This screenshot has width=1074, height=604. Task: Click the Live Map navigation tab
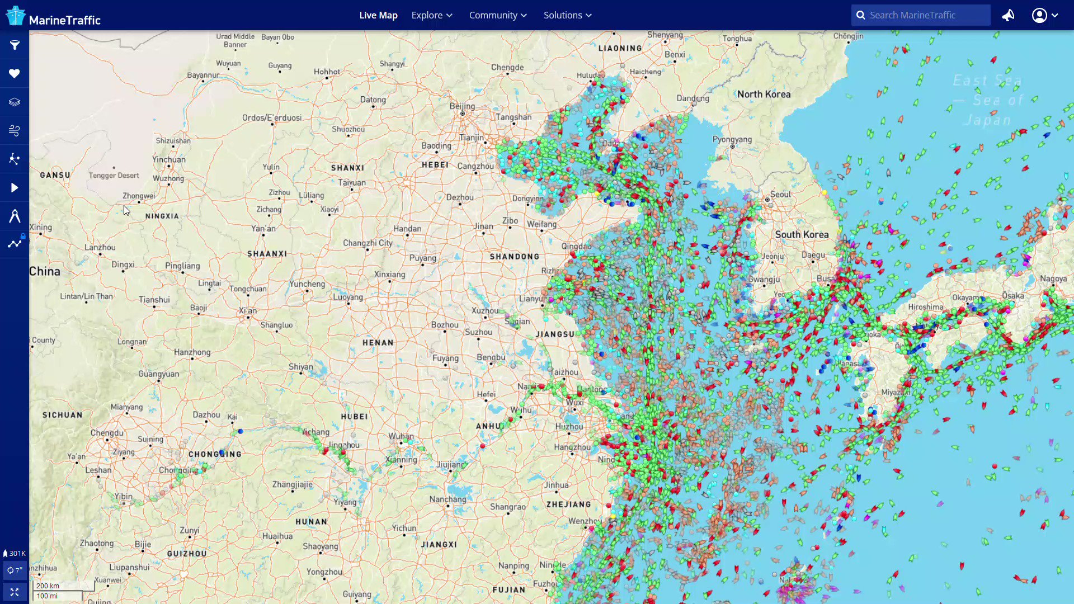(378, 15)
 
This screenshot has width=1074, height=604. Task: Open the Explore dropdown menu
(431, 15)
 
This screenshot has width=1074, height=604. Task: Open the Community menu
(497, 15)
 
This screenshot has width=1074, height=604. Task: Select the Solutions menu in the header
(567, 15)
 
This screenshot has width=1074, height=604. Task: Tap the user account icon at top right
(1039, 15)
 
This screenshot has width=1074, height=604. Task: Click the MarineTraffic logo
(53, 16)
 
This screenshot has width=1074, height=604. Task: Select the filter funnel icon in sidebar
(15, 45)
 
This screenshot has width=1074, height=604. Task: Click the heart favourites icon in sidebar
(15, 73)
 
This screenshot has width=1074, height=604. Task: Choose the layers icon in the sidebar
(15, 102)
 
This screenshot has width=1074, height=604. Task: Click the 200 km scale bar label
(48, 586)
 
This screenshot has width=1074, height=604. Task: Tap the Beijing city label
(462, 106)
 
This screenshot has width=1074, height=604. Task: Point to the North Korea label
(764, 95)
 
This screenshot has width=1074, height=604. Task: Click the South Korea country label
(802, 234)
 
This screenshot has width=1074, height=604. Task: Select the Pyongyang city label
(732, 139)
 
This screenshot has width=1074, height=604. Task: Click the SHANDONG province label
(515, 257)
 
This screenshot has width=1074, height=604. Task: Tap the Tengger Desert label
(114, 175)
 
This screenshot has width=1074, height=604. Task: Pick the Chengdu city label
(106, 433)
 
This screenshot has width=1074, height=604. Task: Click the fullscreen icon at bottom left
(15, 592)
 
